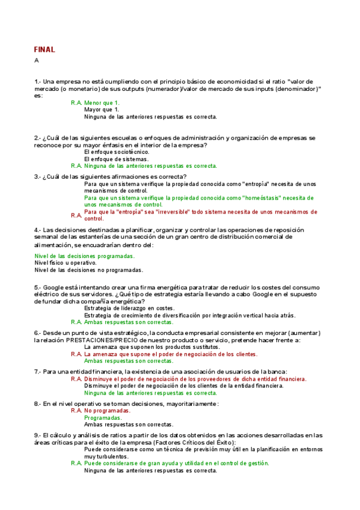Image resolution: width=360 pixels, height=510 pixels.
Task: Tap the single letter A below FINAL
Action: point(37,60)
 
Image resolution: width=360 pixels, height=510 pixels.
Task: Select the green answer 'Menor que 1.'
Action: point(102,103)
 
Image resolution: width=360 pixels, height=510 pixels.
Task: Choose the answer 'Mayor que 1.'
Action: point(102,110)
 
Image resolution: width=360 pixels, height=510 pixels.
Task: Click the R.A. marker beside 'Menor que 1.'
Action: point(76,103)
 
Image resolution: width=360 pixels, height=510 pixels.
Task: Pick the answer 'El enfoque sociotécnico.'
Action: point(116,152)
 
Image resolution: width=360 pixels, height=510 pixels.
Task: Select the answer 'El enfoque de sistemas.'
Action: point(115,159)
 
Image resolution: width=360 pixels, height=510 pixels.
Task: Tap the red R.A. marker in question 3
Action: point(76,215)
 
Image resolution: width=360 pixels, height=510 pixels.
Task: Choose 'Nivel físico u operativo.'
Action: point(66,263)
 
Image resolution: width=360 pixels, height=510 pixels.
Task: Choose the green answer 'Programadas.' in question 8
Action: point(103,417)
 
